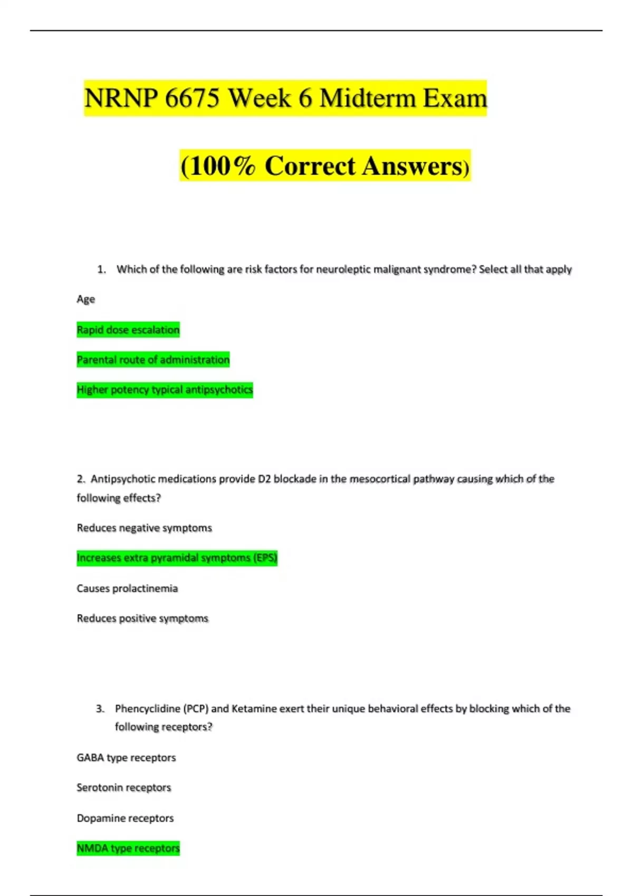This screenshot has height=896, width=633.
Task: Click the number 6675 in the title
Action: pos(191,99)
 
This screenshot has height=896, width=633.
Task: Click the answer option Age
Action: pos(86,299)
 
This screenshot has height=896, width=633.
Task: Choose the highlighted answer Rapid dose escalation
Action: pos(128,330)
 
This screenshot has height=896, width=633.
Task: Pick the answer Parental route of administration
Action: pos(153,360)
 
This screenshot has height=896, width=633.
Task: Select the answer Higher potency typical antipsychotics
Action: pos(165,390)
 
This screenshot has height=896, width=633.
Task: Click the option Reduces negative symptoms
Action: pos(144,528)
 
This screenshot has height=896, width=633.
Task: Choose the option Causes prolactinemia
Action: pos(127,588)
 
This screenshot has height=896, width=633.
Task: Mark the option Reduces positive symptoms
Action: pos(142,618)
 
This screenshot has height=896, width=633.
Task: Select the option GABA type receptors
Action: pos(126,758)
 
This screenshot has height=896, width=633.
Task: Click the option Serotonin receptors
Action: pos(124,788)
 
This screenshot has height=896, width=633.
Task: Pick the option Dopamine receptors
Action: pos(125,819)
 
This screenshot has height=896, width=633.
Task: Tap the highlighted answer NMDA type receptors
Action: pos(128,849)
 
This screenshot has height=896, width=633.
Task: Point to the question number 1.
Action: pos(101,269)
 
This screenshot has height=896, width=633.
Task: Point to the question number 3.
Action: pos(100,709)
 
